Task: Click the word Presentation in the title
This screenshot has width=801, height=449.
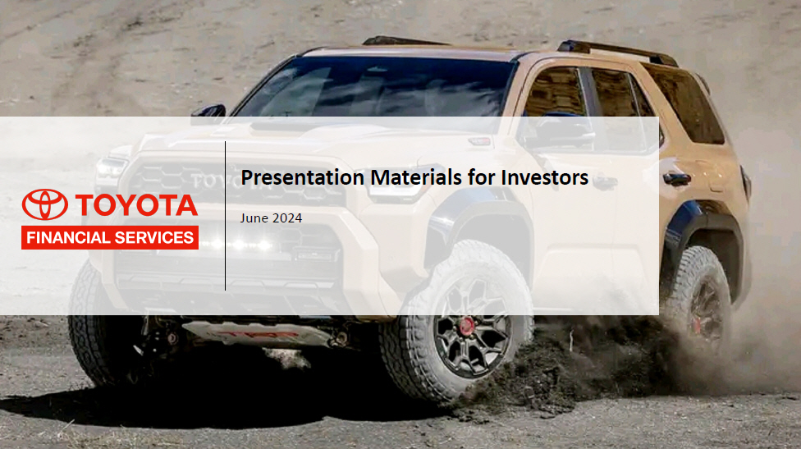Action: pyautogui.click(x=302, y=178)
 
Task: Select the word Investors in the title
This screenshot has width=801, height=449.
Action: pyautogui.click(x=545, y=177)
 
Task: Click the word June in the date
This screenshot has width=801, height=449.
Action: pyautogui.click(x=254, y=218)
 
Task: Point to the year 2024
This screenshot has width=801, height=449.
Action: pyautogui.click(x=287, y=218)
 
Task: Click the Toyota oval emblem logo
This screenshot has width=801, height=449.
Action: pyautogui.click(x=44, y=204)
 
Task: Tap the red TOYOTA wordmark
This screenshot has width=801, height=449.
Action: pyautogui.click(x=136, y=205)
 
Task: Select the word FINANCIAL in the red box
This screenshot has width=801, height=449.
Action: pyautogui.click(x=68, y=237)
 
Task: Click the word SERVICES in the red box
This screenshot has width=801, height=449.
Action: pyautogui.click(x=153, y=237)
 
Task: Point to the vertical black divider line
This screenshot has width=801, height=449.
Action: pyautogui.click(x=225, y=216)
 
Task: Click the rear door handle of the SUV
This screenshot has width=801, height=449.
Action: pyautogui.click(x=676, y=179)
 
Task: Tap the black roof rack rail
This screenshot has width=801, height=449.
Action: pyautogui.click(x=618, y=52)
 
